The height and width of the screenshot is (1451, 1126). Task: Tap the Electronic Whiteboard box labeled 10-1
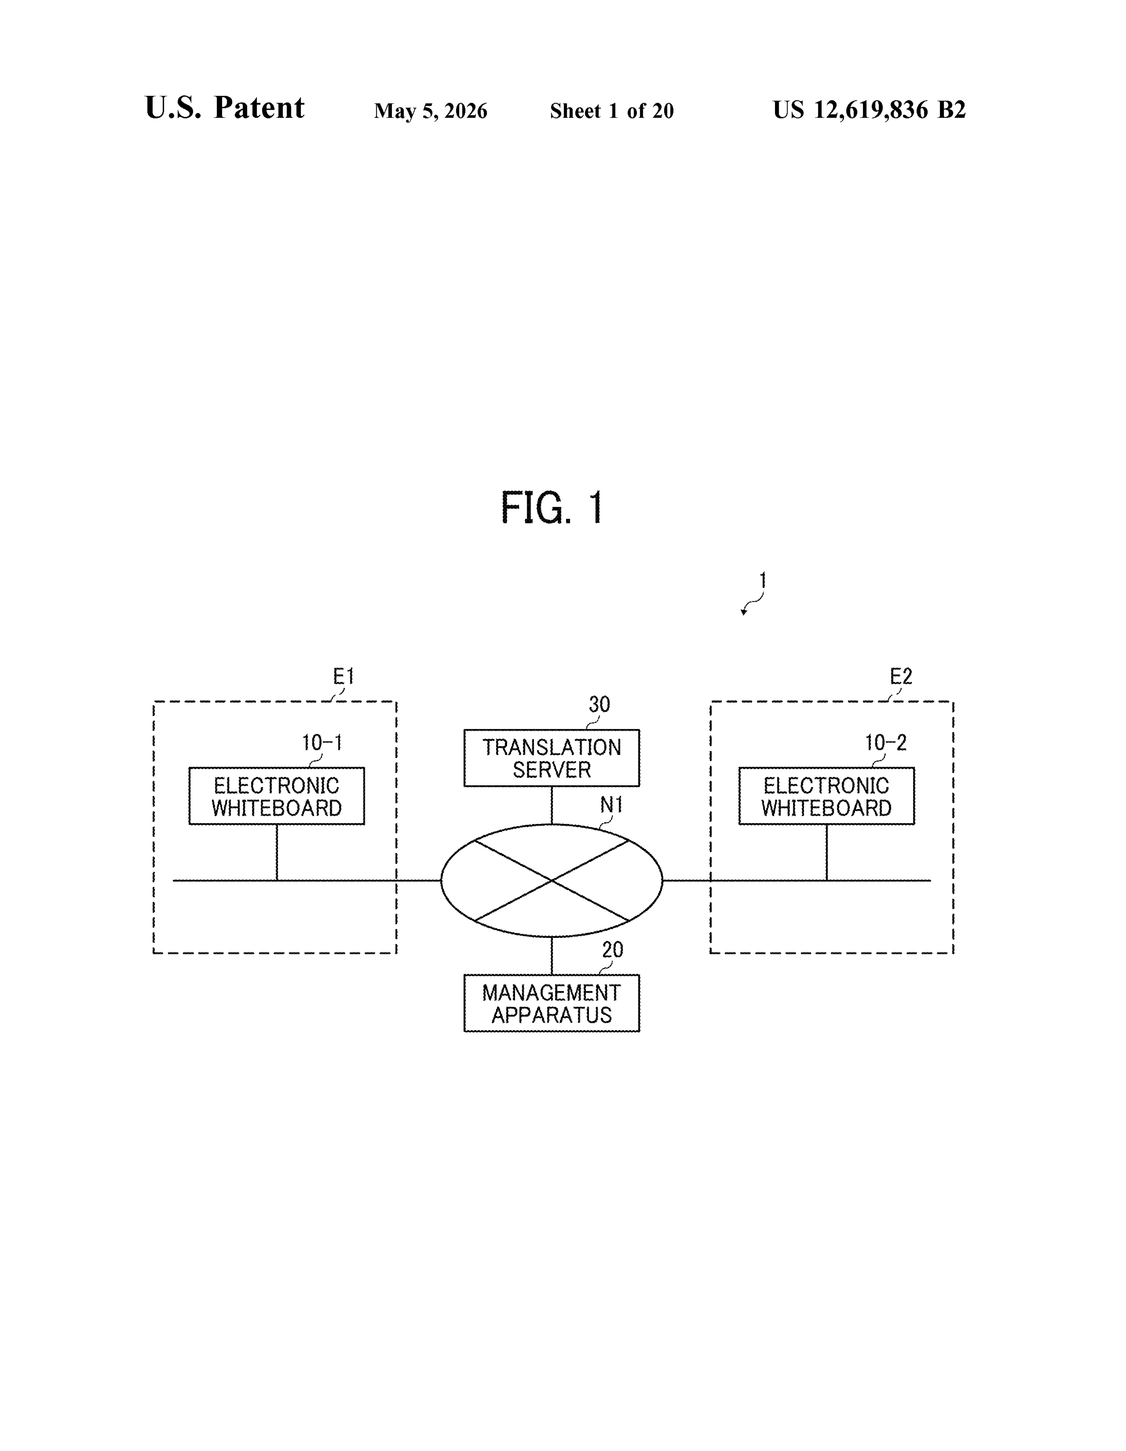click(277, 796)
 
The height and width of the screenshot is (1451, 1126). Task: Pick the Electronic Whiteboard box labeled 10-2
click(826, 796)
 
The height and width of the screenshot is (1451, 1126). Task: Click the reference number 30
click(599, 704)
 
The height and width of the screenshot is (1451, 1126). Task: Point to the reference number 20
click(612, 950)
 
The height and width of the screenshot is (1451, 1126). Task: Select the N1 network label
click(611, 805)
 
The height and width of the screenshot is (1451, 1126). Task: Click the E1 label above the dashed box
click(344, 676)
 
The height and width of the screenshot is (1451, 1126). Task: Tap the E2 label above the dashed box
click(901, 676)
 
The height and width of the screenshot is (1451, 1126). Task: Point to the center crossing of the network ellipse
click(552, 881)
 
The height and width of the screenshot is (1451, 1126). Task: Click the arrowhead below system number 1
click(744, 612)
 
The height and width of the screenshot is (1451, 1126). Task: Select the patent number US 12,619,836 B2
click(869, 110)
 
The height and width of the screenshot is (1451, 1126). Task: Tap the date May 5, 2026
click(431, 111)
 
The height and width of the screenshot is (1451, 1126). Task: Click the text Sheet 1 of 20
click(612, 111)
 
